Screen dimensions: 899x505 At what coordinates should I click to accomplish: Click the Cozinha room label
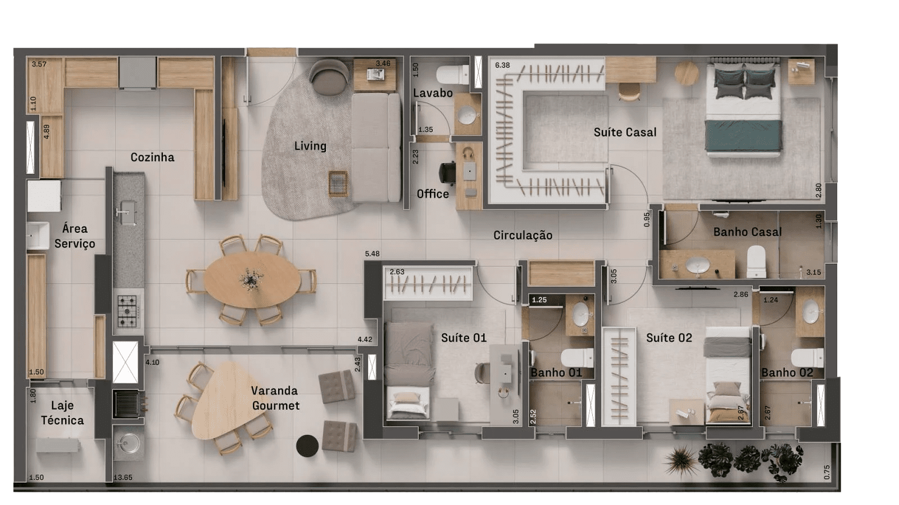click(152, 157)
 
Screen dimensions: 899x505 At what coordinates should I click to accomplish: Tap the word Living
click(310, 146)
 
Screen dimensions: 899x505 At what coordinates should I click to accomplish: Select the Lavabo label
click(433, 93)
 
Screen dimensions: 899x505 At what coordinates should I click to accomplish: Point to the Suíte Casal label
click(625, 132)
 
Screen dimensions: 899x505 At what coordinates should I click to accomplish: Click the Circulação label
click(523, 235)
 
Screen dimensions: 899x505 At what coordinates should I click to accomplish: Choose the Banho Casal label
click(747, 232)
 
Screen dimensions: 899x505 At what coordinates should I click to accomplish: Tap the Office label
click(433, 194)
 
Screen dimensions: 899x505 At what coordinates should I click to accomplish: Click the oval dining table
click(252, 279)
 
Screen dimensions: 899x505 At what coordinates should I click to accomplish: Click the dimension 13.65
click(123, 478)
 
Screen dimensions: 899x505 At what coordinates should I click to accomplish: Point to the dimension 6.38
click(502, 65)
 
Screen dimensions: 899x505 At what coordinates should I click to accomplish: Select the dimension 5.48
click(373, 254)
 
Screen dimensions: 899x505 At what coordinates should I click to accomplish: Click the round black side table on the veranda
click(307, 446)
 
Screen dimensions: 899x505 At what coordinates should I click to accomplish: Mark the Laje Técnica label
click(62, 413)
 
